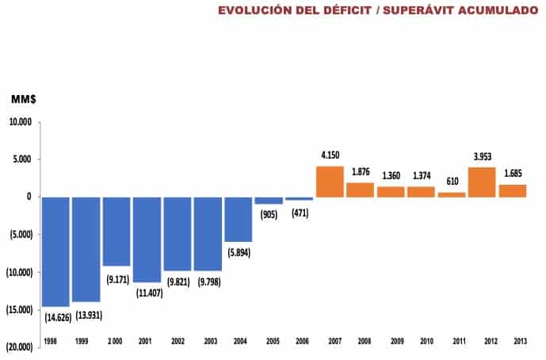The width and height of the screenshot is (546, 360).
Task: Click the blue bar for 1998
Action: coord(55,251)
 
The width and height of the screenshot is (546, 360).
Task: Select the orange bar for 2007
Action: coord(330,182)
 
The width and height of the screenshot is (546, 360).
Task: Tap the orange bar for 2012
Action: coord(482,182)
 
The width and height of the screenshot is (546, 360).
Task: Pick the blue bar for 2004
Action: coord(238,219)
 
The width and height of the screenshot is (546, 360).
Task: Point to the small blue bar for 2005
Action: coord(269,201)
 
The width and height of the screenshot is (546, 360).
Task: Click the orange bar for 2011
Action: coord(452,194)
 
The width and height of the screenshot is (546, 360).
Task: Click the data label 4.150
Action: coord(330,154)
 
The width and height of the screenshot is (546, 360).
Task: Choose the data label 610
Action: coord(452,182)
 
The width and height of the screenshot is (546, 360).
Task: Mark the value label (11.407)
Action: coord(147,293)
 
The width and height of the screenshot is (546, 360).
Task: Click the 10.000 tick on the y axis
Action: coord(20,122)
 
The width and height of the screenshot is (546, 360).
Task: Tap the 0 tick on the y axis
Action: coord(29,197)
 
